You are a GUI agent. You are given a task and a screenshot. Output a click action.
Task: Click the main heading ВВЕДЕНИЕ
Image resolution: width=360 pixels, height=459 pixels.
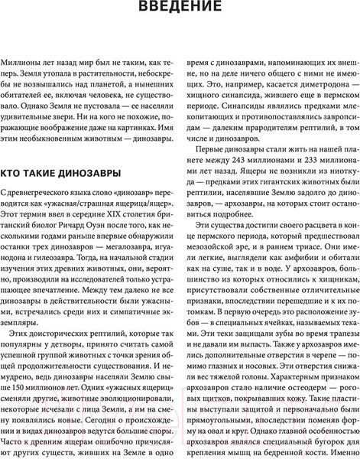point(180,10)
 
